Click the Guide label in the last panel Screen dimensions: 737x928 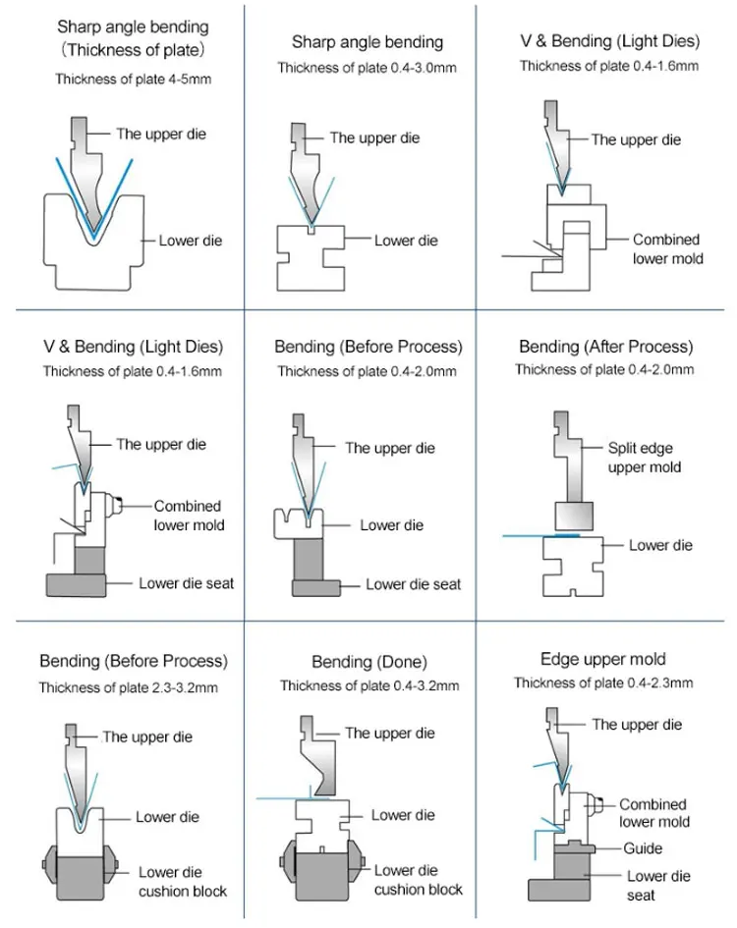[x=643, y=848]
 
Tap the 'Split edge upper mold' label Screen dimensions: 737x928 [x=645, y=458]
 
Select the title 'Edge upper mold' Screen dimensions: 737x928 [x=603, y=659]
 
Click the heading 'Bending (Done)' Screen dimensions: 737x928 [x=369, y=662]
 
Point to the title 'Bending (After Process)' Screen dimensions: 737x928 [x=606, y=347]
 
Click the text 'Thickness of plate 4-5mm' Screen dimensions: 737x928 [x=134, y=79]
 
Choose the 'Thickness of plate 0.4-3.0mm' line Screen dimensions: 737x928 [x=368, y=68]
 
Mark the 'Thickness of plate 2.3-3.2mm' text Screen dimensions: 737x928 [x=129, y=687]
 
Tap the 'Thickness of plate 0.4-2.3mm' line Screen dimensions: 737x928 [x=603, y=682]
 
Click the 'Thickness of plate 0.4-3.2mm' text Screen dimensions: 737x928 [x=369, y=685]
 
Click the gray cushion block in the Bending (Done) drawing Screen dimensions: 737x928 [x=320, y=877]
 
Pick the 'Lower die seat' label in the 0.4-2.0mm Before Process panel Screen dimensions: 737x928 [x=413, y=584]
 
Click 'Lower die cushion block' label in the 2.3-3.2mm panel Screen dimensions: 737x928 [x=183, y=881]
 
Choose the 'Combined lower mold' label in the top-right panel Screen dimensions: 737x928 [x=667, y=248]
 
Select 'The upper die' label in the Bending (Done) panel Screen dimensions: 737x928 [x=390, y=733]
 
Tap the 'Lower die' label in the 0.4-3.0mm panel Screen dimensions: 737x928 [x=406, y=241]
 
